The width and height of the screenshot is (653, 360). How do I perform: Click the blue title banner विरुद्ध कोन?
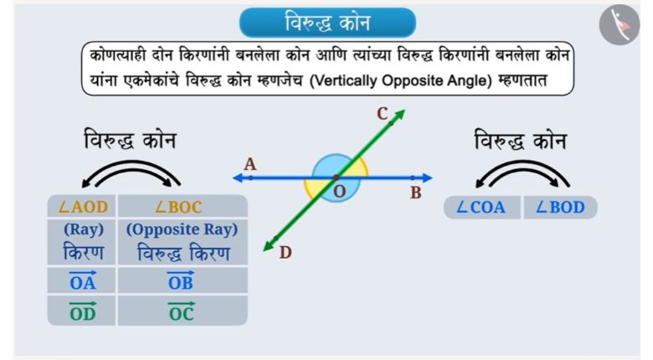click(x=327, y=23)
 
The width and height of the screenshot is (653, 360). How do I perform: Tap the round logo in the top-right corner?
click(x=620, y=25)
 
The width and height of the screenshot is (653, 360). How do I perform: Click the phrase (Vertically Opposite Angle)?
click(x=401, y=80)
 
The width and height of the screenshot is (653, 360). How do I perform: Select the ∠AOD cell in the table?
click(x=82, y=206)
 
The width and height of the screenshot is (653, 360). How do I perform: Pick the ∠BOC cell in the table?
click(x=183, y=206)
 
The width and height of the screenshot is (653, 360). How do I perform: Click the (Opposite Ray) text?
click(x=182, y=229)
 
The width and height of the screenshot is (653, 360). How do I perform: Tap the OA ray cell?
click(x=82, y=280)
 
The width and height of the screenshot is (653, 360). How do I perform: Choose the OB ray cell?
click(x=183, y=280)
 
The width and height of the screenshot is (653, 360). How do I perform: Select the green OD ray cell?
click(x=82, y=311)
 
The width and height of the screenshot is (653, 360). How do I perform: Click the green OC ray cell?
click(x=183, y=311)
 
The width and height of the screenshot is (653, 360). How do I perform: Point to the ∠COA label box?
click(x=482, y=207)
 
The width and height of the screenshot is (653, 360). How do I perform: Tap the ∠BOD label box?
click(x=561, y=207)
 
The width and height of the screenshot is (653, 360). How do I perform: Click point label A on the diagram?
click(x=249, y=164)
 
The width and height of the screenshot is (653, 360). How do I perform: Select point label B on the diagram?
click(x=415, y=193)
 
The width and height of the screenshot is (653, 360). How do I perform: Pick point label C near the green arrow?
click(x=383, y=113)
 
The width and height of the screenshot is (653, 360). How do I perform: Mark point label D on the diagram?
click(x=285, y=252)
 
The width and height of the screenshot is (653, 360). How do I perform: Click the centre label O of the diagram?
click(x=339, y=192)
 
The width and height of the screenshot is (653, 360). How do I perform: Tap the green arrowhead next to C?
click(x=399, y=115)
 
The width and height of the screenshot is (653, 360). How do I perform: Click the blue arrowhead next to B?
click(x=427, y=178)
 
